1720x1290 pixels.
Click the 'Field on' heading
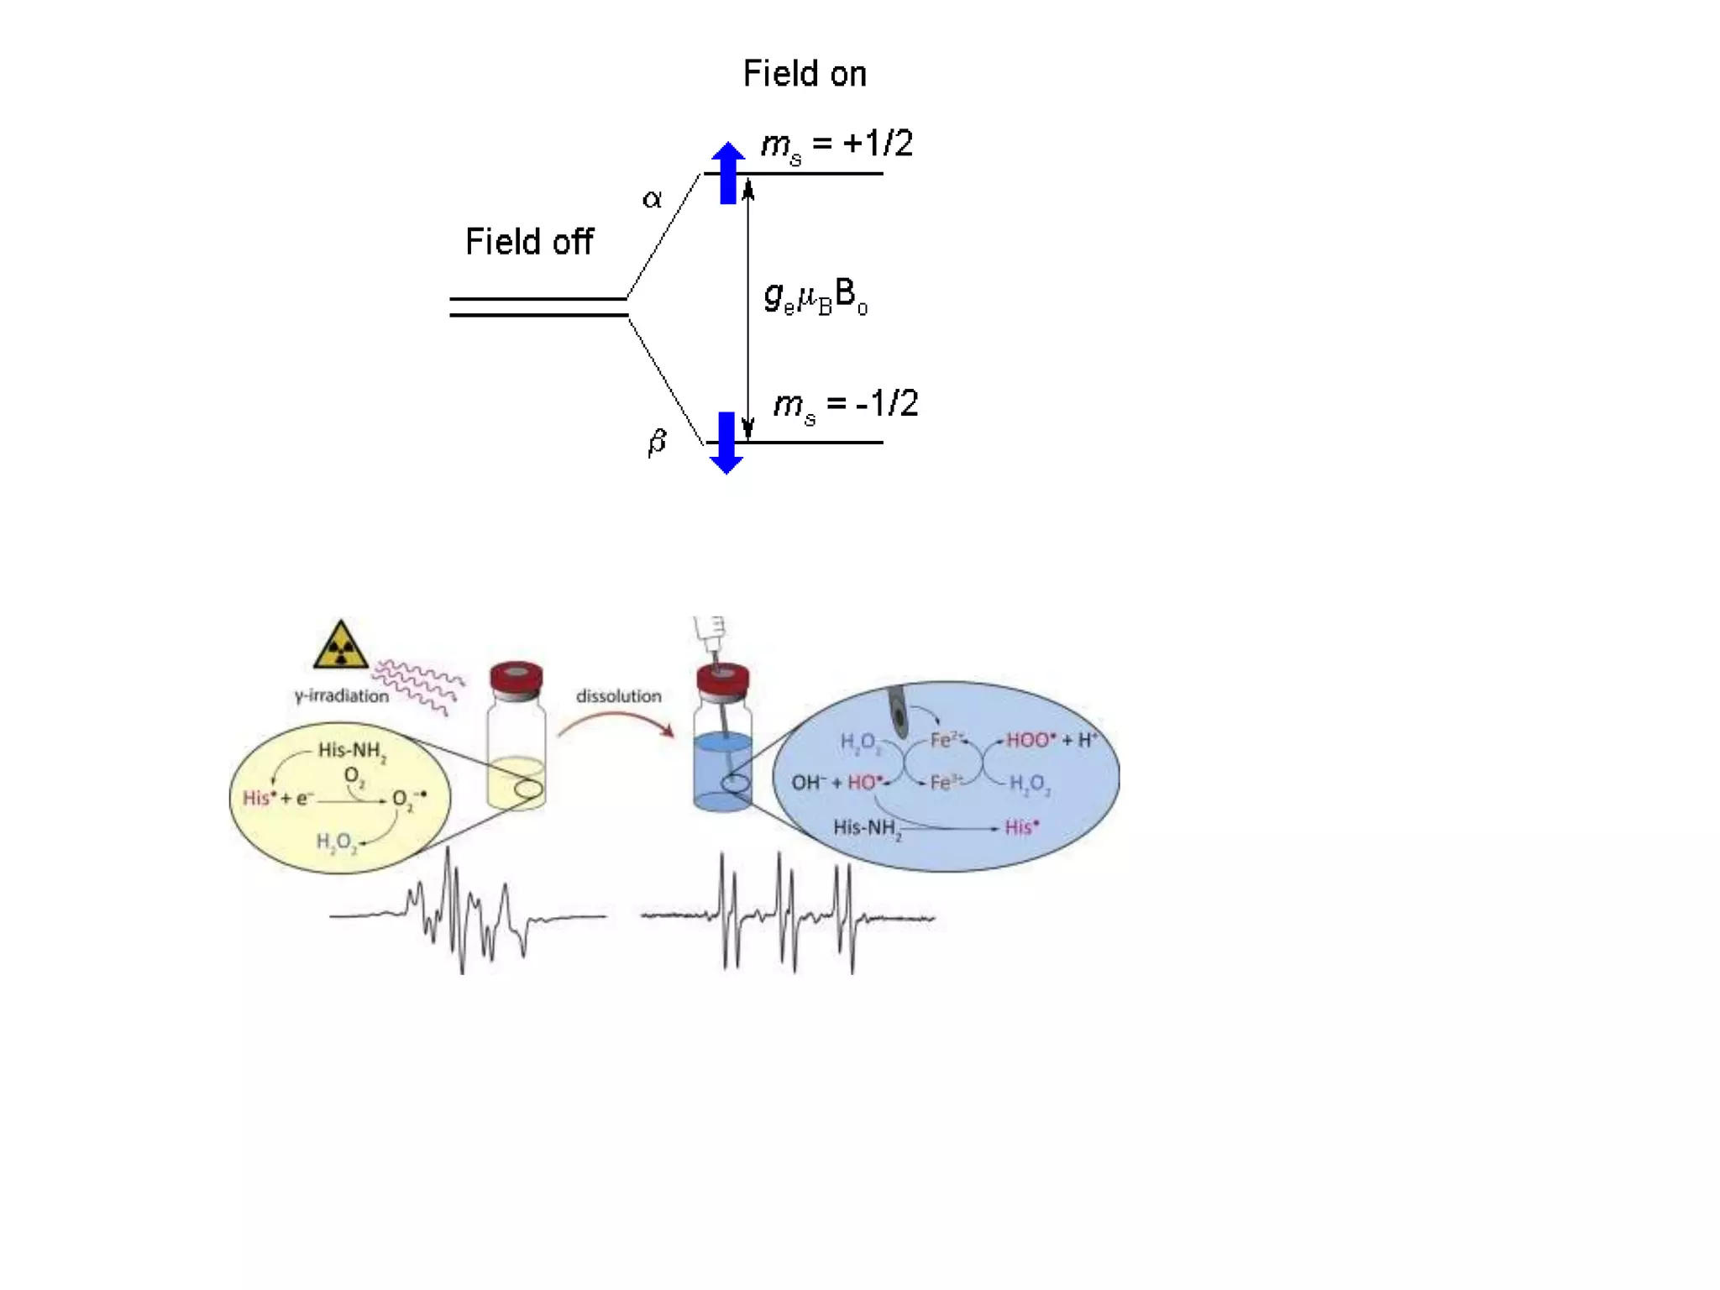(804, 74)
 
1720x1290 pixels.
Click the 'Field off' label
(529, 242)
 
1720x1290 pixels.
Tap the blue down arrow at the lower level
(726, 443)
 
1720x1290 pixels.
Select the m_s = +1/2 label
(836, 144)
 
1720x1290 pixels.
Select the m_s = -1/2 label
(845, 405)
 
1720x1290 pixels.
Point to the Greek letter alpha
(652, 199)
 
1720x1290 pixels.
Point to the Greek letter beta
(657, 441)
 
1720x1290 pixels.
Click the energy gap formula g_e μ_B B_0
(815, 297)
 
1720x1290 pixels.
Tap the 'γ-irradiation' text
(342, 695)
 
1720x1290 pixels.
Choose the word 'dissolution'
(618, 695)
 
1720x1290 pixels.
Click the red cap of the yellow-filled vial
(517, 679)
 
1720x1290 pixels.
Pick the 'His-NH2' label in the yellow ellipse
(352, 751)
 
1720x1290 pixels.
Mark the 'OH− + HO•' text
(836, 783)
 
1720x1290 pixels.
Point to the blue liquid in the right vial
(722, 768)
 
